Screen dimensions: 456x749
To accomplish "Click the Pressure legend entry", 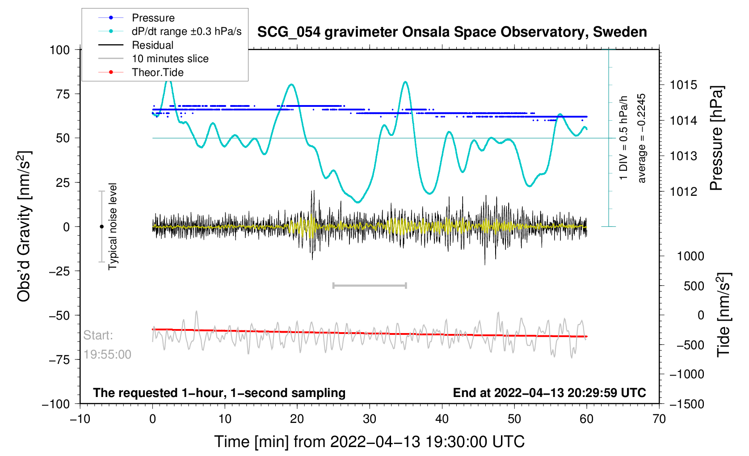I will coord(153,18).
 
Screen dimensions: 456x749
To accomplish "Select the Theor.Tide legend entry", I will coord(157,72).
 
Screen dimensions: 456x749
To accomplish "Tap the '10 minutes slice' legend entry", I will coord(170,59).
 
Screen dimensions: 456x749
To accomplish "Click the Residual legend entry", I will coord(152,45).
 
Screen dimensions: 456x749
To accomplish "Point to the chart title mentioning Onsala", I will coord(452,32).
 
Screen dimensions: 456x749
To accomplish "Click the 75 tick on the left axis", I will coord(60,94).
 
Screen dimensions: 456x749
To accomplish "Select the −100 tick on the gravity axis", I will coord(56,404).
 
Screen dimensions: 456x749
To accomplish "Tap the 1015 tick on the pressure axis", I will coord(683,85).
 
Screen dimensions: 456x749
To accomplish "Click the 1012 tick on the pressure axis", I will coord(683,192).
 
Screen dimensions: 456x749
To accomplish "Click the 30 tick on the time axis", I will coord(370,419).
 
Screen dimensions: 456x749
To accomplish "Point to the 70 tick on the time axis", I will coord(659,419).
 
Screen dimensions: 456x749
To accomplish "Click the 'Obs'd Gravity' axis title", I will coord(24,226).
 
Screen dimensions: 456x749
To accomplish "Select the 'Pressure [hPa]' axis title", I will coord(716,139).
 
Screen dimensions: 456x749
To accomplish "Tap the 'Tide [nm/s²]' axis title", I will coord(723,315).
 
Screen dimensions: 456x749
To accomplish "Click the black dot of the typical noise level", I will coord(101,227).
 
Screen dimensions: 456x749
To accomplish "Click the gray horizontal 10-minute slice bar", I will coord(370,286).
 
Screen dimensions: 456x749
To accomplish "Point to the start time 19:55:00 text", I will coord(107,355).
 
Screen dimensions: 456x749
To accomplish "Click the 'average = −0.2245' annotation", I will coord(642,138).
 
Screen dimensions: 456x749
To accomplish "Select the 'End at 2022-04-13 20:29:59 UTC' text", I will coord(549,393).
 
